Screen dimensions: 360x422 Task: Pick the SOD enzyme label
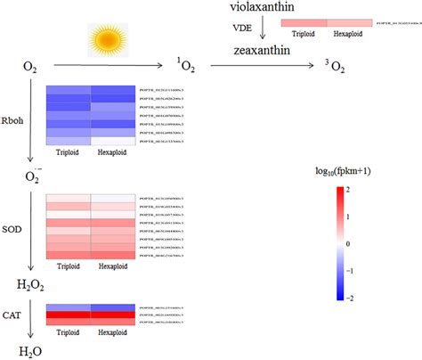tap(15, 225)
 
